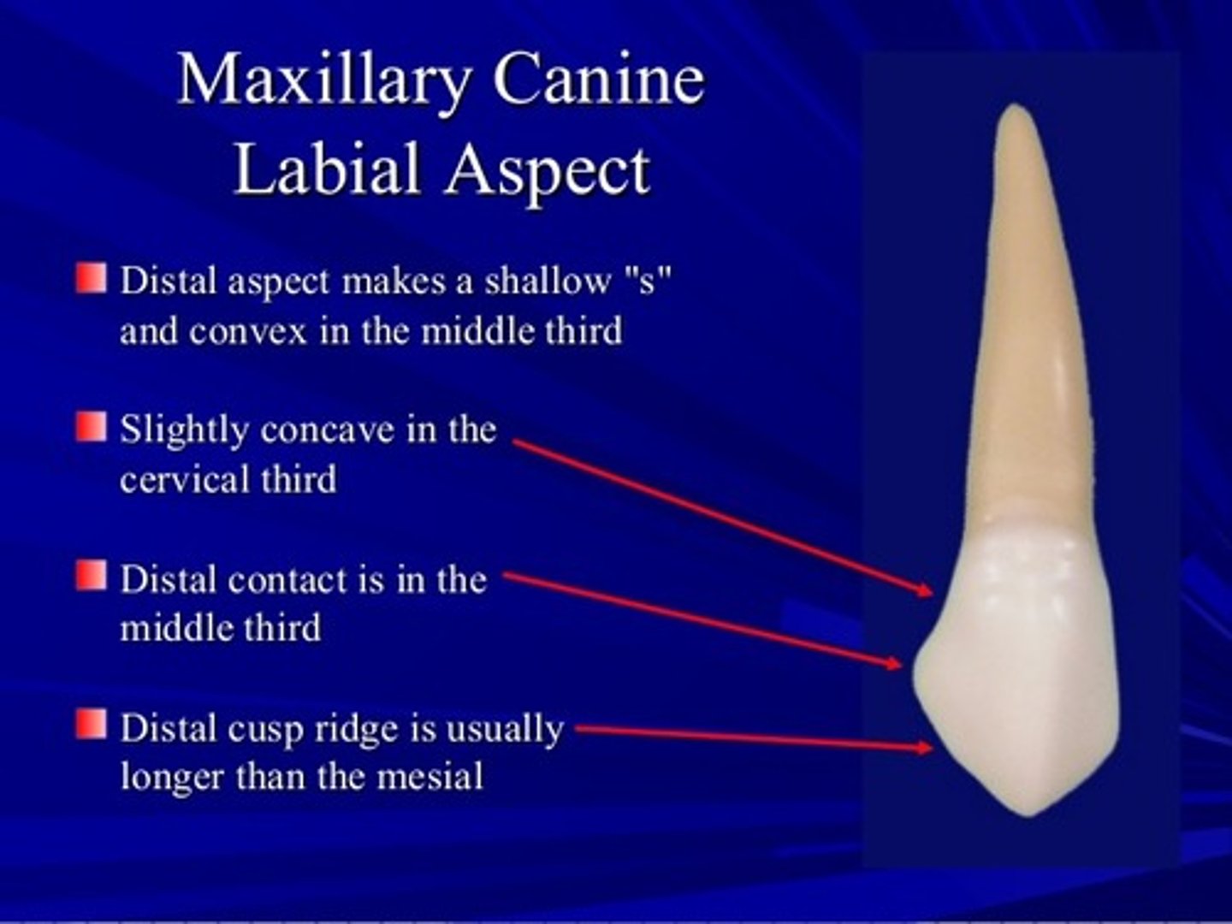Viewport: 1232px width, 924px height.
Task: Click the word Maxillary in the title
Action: pos(323,80)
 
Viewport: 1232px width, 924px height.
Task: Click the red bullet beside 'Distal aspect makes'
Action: pos(91,278)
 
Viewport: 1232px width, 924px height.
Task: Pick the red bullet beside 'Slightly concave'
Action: pos(91,427)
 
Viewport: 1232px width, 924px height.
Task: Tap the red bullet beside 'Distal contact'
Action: pos(91,576)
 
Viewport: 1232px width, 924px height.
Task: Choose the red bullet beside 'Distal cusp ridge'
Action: pos(91,724)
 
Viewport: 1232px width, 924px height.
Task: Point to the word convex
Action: pos(247,331)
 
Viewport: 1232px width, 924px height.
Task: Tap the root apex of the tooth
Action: pos(1016,109)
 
